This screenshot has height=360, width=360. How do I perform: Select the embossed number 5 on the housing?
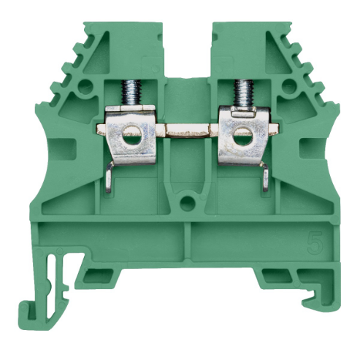click(313, 240)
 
